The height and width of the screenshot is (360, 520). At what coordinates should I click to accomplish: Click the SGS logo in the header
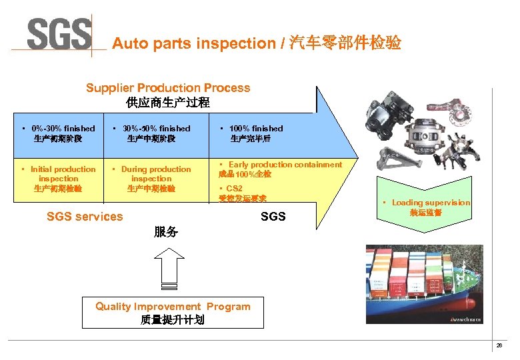coord(59,33)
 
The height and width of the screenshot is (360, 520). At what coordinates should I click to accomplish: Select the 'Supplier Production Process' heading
coord(168,88)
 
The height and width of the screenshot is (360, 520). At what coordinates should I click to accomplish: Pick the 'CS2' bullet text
coord(234,189)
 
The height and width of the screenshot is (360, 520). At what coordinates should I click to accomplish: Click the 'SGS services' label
coord(85,216)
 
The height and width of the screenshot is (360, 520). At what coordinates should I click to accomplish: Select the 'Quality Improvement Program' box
coord(173,313)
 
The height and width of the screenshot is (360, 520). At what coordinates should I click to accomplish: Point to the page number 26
coord(499,345)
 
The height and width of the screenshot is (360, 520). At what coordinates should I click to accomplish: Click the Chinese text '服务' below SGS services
coord(165,232)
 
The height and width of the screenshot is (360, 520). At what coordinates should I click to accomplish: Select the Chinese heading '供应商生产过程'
coord(168,103)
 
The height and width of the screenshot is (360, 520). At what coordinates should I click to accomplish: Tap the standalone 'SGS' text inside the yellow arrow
coord(273,216)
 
